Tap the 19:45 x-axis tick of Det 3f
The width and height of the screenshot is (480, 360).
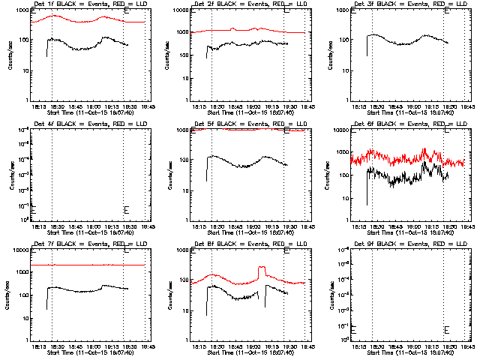(x=469, y=106)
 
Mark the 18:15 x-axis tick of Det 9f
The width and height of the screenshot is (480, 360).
(x=358, y=346)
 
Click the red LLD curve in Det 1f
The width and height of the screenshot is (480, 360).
(x=90, y=20)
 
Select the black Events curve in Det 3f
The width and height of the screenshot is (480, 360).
(x=405, y=41)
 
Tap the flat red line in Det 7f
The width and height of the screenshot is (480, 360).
(x=90, y=265)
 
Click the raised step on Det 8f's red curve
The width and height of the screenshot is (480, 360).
(x=262, y=268)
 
